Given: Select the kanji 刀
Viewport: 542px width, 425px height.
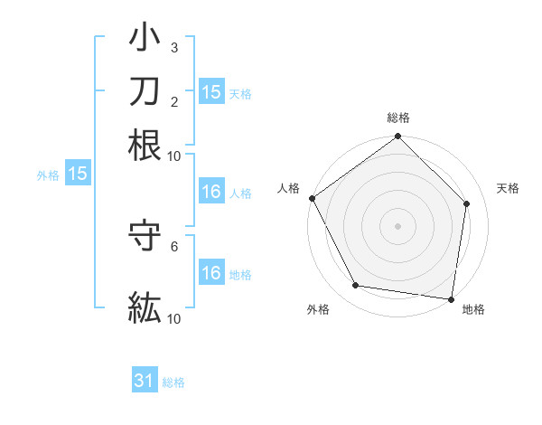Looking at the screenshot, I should (145, 90).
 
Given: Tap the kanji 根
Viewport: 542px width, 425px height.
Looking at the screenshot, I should (145, 145).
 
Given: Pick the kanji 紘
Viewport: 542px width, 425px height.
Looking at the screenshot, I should (145, 306).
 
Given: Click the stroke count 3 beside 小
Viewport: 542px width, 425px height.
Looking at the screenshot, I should (173, 48).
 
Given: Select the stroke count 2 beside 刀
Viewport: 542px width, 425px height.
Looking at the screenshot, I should (173, 101).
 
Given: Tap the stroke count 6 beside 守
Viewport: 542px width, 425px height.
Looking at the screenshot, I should (173, 245).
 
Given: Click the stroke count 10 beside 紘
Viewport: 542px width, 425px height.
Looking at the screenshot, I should (173, 317).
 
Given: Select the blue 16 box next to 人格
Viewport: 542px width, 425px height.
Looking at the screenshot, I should (210, 192).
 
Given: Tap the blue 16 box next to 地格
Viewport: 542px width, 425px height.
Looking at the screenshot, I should (210, 273).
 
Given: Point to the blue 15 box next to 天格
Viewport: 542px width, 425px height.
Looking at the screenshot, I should (210, 91).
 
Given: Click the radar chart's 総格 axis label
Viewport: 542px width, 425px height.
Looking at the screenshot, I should (398, 118).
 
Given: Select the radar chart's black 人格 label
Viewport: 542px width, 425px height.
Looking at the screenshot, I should (288, 188).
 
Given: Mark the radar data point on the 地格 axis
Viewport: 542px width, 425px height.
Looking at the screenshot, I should (452, 298).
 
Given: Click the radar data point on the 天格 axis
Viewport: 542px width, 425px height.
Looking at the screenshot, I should (467, 203).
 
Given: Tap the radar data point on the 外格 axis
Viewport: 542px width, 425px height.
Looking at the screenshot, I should (356, 286).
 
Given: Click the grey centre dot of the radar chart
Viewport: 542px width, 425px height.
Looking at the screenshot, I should (398, 225).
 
